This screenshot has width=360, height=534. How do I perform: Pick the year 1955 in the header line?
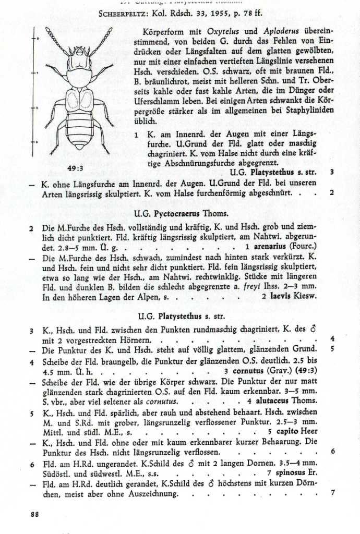(214, 15)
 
